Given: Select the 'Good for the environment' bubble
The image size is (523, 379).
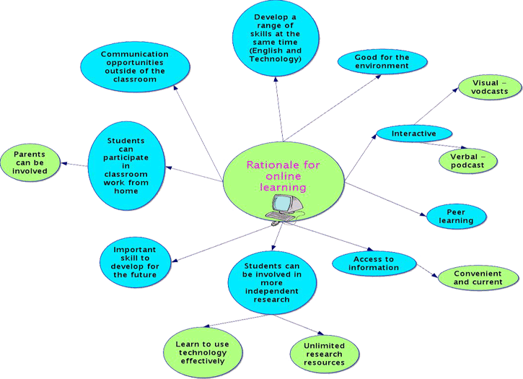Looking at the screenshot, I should (x=382, y=61).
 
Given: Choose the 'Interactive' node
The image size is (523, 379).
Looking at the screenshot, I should (x=414, y=134).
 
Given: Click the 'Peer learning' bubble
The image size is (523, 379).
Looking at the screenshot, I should (x=456, y=216).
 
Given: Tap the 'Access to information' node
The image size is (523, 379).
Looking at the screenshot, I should (x=374, y=263).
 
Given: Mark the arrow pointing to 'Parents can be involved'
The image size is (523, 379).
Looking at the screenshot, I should (x=75, y=165).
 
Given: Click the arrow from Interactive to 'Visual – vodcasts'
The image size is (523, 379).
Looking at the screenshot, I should (x=436, y=105).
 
